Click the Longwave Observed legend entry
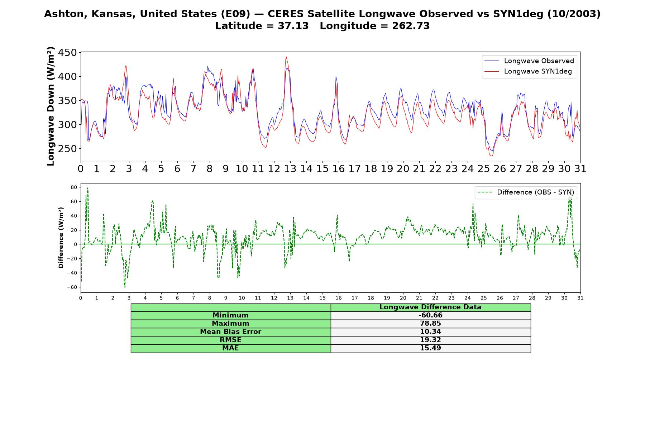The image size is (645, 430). coord(529,61)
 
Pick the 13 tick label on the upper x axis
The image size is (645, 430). coord(290,169)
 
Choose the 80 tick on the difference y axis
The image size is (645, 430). coord(74,187)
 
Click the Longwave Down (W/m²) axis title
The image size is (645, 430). coord(51,106)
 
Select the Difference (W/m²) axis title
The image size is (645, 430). coord(61,238)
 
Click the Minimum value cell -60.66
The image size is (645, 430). coord(430,315)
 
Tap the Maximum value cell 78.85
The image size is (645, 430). coord(430,324)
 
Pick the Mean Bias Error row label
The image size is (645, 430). coord(230,332)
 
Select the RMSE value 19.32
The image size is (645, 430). coord(430,340)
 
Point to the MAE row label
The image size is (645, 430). coord(230,348)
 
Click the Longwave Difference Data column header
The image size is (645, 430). coord(430,307)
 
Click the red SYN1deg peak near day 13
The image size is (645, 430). coord(286,57)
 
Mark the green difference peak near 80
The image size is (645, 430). coord(87,188)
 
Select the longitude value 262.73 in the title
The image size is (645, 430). coord(411,26)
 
